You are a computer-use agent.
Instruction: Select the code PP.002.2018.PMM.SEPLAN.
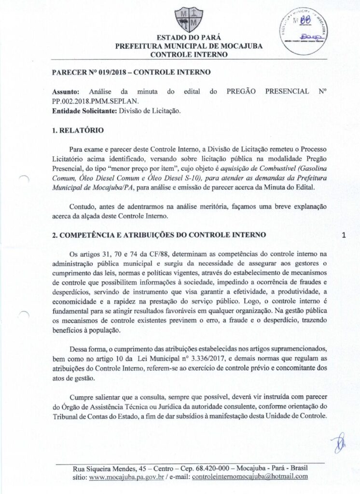(95, 101)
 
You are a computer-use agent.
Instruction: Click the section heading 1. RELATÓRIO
(77, 130)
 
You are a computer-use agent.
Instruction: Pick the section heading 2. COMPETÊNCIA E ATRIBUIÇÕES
(159, 235)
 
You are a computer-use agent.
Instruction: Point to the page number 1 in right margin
(344, 236)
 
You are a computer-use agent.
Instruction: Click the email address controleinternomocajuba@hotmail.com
(249, 477)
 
